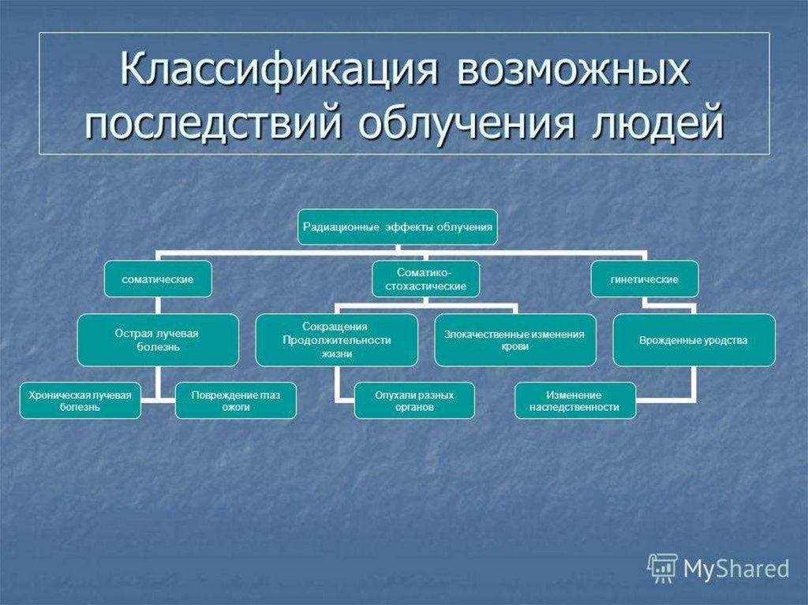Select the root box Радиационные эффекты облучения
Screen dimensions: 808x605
coord(397,226)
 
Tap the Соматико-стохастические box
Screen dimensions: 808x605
coord(425,278)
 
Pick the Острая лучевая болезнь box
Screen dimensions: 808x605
coord(158,340)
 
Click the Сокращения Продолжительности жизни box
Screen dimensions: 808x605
coord(336,340)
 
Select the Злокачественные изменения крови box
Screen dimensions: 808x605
coord(514,340)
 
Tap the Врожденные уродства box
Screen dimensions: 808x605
coord(694,340)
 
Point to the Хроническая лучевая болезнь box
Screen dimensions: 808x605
coord(80,400)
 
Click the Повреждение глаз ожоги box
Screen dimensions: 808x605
coord(235,400)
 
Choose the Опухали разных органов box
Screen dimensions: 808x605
coord(414,400)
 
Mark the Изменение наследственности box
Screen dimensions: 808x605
coord(575,400)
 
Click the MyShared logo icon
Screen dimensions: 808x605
coord(662,567)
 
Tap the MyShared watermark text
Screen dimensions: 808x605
coord(735,568)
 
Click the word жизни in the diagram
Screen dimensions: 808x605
coord(336,355)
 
